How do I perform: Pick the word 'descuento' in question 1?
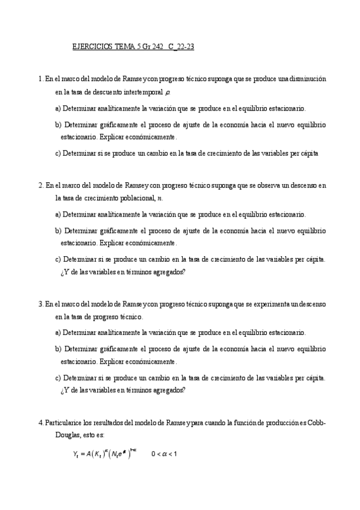pyautogui.click(x=106, y=93)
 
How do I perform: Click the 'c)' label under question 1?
pyautogui.click(x=58, y=153)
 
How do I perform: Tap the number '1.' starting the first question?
pyautogui.click(x=40, y=79)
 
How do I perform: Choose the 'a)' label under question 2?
pyautogui.click(x=58, y=214)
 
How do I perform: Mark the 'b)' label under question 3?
pyautogui.click(x=58, y=348)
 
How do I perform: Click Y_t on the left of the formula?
pyautogui.click(x=76, y=454)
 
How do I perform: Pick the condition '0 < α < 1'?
pyautogui.click(x=163, y=454)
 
